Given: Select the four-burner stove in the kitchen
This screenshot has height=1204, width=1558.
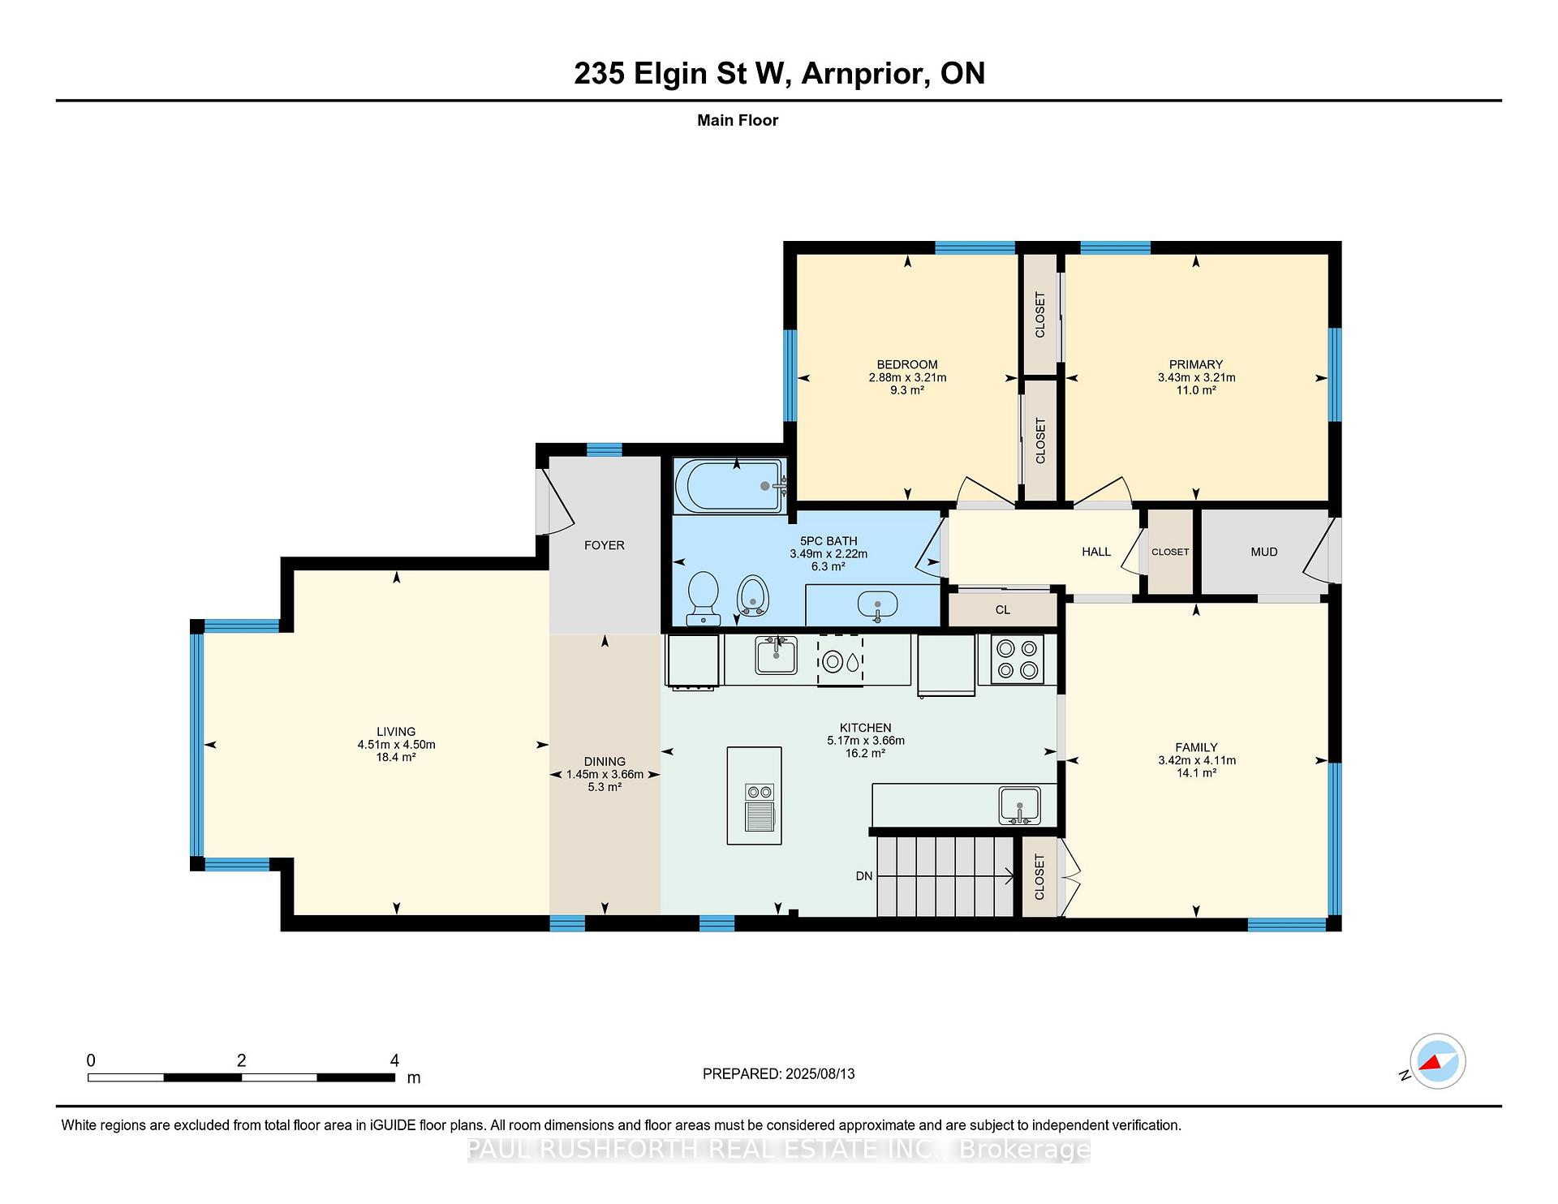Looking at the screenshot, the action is tap(1017, 659).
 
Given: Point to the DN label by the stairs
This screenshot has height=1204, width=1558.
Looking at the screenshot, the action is tap(864, 876).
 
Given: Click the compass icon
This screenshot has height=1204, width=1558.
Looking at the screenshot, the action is tap(1437, 1061).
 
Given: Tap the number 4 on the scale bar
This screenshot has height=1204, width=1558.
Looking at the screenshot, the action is tap(394, 1060).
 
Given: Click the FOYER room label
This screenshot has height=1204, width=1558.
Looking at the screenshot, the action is tap(605, 545).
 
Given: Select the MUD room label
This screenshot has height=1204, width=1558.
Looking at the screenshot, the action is tap(1264, 552).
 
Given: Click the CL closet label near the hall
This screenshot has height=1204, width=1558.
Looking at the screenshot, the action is tap(1003, 610).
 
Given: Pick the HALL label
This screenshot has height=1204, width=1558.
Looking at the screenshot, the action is tap(1096, 552).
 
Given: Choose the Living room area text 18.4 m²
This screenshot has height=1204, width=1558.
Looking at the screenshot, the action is tap(396, 757).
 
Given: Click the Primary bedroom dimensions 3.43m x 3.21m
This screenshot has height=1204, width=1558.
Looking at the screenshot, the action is tap(1196, 377).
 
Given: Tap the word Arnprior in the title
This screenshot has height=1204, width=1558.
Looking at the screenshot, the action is tap(866, 73).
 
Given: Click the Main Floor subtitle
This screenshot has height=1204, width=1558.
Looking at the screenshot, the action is tap(738, 120).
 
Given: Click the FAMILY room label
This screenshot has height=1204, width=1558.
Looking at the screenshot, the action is tap(1196, 747).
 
